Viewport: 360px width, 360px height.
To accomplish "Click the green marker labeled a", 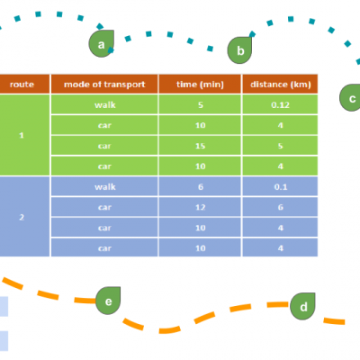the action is pyautogui.click(x=102, y=43).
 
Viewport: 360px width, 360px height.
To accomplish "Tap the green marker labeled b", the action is pyautogui.click(x=239, y=50).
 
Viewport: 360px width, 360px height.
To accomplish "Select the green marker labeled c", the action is pyautogui.click(x=350, y=98).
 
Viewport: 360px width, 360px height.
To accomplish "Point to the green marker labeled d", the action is pyautogui.click(x=302, y=306).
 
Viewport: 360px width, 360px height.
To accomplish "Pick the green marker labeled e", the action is pyautogui.click(x=108, y=301).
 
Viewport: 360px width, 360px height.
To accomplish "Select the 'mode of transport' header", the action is pyautogui.click(x=104, y=84).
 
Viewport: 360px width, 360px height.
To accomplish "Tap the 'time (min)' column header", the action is pyautogui.click(x=200, y=84).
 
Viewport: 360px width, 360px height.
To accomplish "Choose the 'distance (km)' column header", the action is pyautogui.click(x=280, y=84).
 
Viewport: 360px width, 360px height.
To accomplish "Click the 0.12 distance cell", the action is pyautogui.click(x=280, y=104).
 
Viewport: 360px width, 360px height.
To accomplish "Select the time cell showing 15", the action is pyautogui.click(x=200, y=146).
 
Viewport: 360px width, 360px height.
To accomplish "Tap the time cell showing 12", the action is pyautogui.click(x=200, y=207).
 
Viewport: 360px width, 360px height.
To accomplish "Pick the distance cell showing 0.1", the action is pyautogui.click(x=280, y=186).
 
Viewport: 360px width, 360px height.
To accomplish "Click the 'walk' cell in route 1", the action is pyautogui.click(x=104, y=104).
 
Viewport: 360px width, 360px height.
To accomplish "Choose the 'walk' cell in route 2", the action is pyautogui.click(x=104, y=186).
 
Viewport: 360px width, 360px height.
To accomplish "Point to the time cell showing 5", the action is pyautogui.click(x=200, y=104).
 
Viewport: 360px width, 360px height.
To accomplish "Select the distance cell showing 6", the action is pyautogui.click(x=280, y=207).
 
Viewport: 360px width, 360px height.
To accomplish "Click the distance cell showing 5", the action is pyautogui.click(x=280, y=146).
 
